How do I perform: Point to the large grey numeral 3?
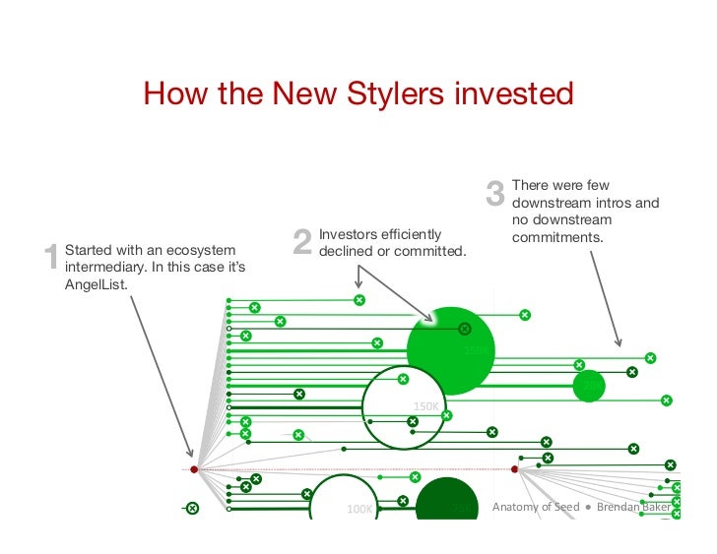(495, 194)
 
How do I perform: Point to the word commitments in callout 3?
(557, 239)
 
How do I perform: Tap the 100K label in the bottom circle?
(359, 510)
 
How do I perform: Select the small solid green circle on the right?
(589, 385)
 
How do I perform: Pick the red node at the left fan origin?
(194, 469)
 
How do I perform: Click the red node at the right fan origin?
(515, 469)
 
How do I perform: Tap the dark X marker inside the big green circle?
(465, 329)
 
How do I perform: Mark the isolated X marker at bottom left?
(192, 508)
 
